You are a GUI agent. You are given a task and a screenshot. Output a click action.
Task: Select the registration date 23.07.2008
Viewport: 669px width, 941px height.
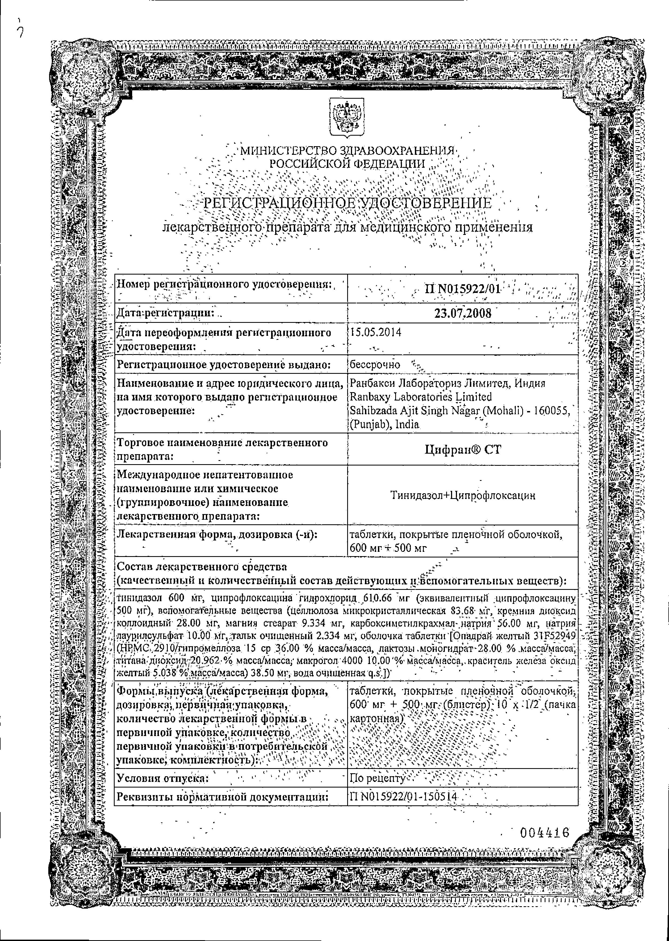pyautogui.click(x=463, y=313)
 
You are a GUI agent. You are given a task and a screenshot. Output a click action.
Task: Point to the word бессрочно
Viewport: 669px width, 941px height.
pyautogui.click(x=374, y=364)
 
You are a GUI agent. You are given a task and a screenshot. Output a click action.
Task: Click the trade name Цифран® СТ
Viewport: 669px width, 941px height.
pyautogui.click(x=463, y=449)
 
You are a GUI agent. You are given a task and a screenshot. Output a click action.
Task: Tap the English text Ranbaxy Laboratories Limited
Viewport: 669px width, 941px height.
pyautogui.click(x=420, y=397)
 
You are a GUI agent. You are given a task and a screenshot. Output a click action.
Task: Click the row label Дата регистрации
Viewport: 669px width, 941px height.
pyautogui.click(x=166, y=313)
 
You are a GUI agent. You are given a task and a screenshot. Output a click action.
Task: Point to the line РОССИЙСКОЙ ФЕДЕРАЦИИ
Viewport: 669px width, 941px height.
pyautogui.click(x=347, y=163)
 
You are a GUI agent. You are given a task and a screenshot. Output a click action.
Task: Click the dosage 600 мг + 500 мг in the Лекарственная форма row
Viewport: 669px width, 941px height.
pyautogui.click(x=388, y=548)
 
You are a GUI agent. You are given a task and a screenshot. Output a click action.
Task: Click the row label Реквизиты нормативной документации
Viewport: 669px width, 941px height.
pyautogui.click(x=223, y=796)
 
